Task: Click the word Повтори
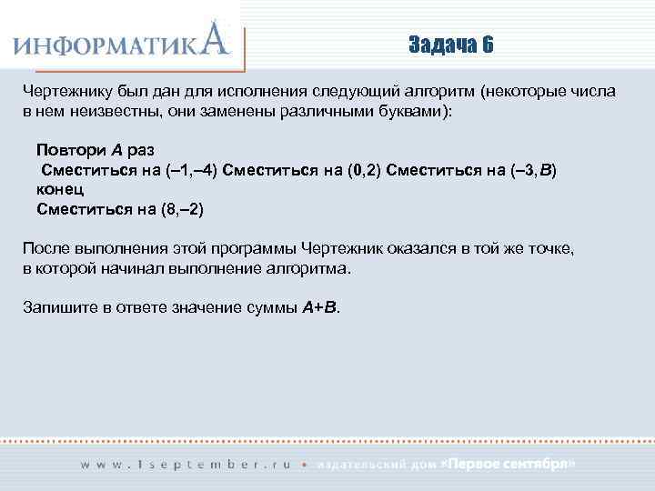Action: pyautogui.click(x=68, y=149)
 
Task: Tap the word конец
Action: pyautogui.click(x=61, y=189)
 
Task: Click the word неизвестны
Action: pyautogui.click(x=106, y=111)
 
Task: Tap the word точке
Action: pyautogui.click(x=551, y=249)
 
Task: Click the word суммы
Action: pyautogui.click(x=272, y=306)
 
